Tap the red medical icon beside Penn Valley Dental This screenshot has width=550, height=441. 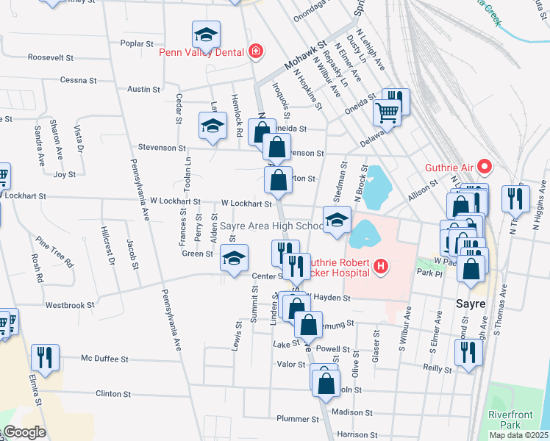click(x=255, y=51)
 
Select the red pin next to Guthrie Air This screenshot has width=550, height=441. click(x=485, y=168)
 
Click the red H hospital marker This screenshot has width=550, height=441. click(x=380, y=266)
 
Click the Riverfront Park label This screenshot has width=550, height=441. click(x=510, y=419)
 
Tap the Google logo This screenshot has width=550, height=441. click(x=24, y=433)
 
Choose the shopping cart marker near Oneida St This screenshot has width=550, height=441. click(x=386, y=112)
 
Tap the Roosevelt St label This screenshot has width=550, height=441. click(x=51, y=57)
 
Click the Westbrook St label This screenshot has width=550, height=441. click(x=70, y=304)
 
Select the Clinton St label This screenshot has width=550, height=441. click(x=113, y=394)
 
